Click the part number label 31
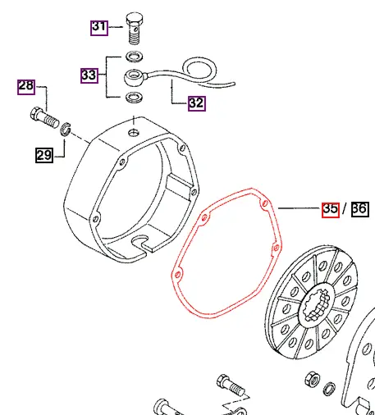pyautogui.click(x=98, y=27)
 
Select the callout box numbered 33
pyautogui.click(x=89, y=75)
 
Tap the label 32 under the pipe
pyautogui.click(x=196, y=103)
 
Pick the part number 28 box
pyautogui.click(x=27, y=86)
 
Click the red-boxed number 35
pyautogui.click(x=330, y=208)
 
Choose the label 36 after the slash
pyautogui.click(x=359, y=208)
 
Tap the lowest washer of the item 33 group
pyautogui.click(x=133, y=99)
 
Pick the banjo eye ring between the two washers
pyautogui.click(x=134, y=79)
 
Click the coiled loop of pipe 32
pyautogui.click(x=200, y=69)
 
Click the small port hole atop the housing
pyautogui.click(x=130, y=129)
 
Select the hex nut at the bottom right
pyautogui.click(x=312, y=379)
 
